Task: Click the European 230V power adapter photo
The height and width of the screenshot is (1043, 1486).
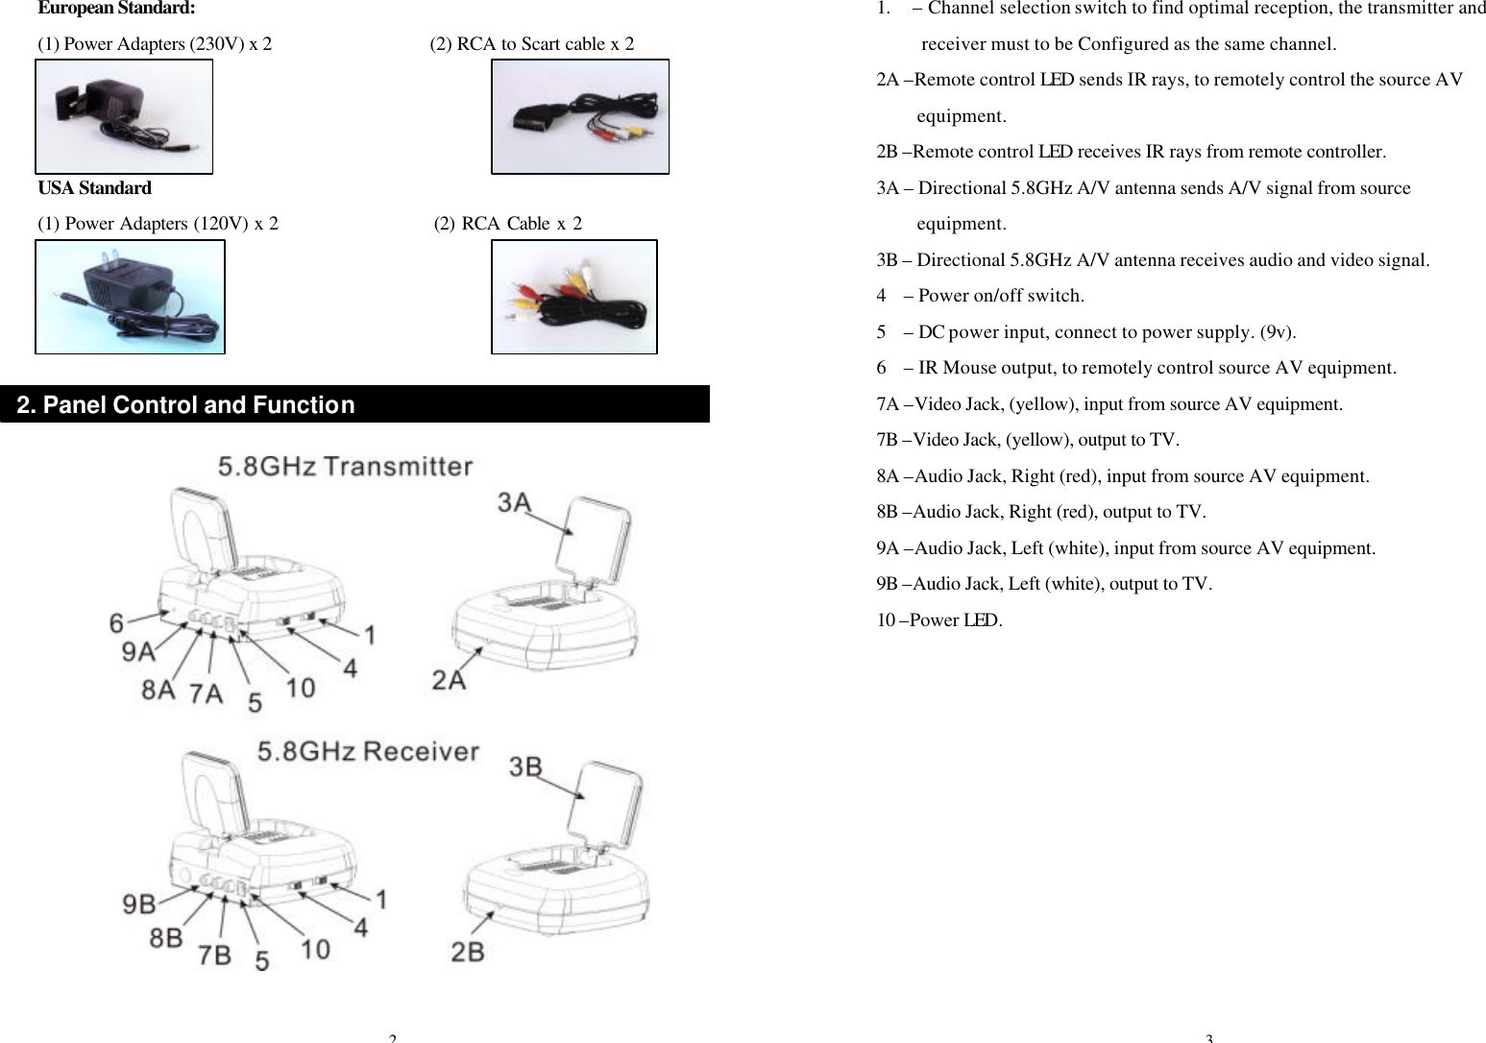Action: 124,117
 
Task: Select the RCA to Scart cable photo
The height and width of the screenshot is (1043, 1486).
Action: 579,117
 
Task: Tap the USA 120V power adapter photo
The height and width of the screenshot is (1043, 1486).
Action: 130,297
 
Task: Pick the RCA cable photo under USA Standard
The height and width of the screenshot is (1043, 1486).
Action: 573,297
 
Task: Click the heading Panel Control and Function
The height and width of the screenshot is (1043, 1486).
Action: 185,405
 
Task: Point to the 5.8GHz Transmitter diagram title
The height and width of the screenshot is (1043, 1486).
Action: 345,467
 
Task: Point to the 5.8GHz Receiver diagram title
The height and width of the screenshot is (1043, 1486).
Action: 367,751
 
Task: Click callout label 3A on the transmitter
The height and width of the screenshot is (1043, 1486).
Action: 514,502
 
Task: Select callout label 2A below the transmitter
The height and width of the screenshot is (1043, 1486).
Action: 449,680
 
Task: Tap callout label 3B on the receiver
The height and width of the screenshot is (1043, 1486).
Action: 525,766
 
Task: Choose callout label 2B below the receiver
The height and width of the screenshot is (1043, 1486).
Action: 468,952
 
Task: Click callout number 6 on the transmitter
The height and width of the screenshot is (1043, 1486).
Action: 116,624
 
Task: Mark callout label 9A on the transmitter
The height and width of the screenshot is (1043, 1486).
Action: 138,652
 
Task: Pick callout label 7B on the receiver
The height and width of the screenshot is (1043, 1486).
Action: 214,955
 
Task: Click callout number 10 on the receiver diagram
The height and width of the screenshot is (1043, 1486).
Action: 315,949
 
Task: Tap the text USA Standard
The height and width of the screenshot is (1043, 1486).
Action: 94,188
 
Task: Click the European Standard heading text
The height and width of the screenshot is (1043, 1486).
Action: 115,9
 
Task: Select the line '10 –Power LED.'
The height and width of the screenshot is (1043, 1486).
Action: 938,620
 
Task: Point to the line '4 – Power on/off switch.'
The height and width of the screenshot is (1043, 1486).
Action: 980,296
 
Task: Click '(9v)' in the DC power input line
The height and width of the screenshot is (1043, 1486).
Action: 1277,332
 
